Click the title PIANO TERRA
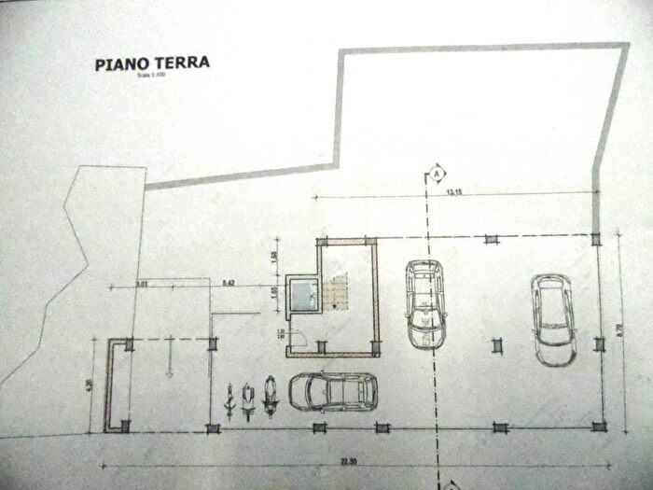[152, 63]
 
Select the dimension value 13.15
[454, 193]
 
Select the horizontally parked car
[333, 391]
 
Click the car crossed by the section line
[425, 303]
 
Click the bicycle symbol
[229, 399]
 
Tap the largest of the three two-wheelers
[271, 394]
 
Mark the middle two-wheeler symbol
[248, 398]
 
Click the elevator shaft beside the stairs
[301, 293]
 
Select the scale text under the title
[149, 77]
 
